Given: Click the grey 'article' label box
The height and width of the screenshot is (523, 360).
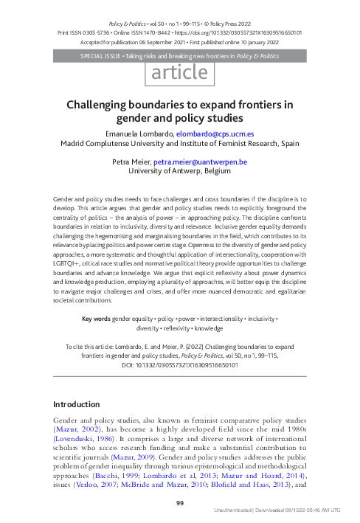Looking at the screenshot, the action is click(180, 73).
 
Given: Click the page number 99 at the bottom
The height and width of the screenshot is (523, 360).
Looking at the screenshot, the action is click(179, 503).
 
